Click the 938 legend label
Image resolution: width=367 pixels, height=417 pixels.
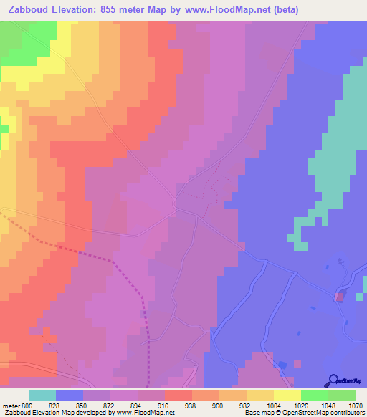[x=189, y=405]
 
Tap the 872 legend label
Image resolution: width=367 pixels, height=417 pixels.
[x=110, y=405]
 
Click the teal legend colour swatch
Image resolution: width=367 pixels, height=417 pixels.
[x=42, y=395]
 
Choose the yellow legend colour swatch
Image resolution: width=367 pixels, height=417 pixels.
[x=287, y=395]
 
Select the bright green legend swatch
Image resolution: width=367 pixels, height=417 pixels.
[x=314, y=395]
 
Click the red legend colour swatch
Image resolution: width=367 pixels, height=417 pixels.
[x=178, y=395]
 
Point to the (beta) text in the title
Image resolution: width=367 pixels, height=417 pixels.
[x=280, y=9]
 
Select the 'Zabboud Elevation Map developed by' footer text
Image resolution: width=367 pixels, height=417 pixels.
[x=46, y=413]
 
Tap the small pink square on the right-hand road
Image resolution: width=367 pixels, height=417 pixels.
[x=340, y=295]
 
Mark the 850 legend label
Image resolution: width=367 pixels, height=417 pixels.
[x=82, y=405]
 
